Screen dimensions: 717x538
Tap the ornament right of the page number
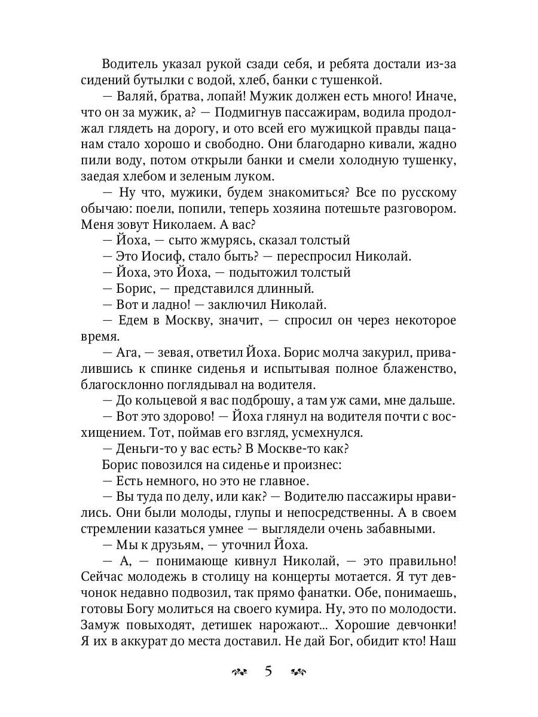tap(297, 672)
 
